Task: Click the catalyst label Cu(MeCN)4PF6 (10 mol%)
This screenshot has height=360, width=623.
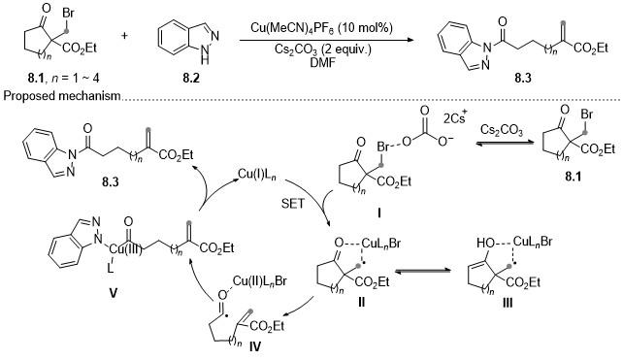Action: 321,28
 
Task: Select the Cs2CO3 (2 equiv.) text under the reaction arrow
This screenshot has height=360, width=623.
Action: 322,49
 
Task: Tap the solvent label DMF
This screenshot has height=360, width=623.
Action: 322,62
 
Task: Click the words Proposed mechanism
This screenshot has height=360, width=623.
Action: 61,96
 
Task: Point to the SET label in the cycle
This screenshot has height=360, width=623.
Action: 293,204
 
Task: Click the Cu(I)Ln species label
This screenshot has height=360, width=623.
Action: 256,174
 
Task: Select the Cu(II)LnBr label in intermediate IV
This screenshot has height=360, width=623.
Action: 259,281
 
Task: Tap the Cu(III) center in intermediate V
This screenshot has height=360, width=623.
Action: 125,249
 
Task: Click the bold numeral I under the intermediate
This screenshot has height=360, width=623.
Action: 379,214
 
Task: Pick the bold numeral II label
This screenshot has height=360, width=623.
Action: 361,303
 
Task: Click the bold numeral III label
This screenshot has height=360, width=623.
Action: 508,304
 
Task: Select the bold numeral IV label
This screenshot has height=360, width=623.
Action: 255,346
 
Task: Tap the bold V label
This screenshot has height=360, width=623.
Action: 114,293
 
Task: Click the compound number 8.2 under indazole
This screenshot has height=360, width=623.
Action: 191,78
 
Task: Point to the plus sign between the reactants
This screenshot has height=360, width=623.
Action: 125,36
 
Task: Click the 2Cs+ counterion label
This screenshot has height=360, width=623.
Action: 454,117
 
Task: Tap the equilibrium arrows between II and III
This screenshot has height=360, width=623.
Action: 423,271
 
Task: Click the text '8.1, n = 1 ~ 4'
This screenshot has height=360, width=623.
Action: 63,78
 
